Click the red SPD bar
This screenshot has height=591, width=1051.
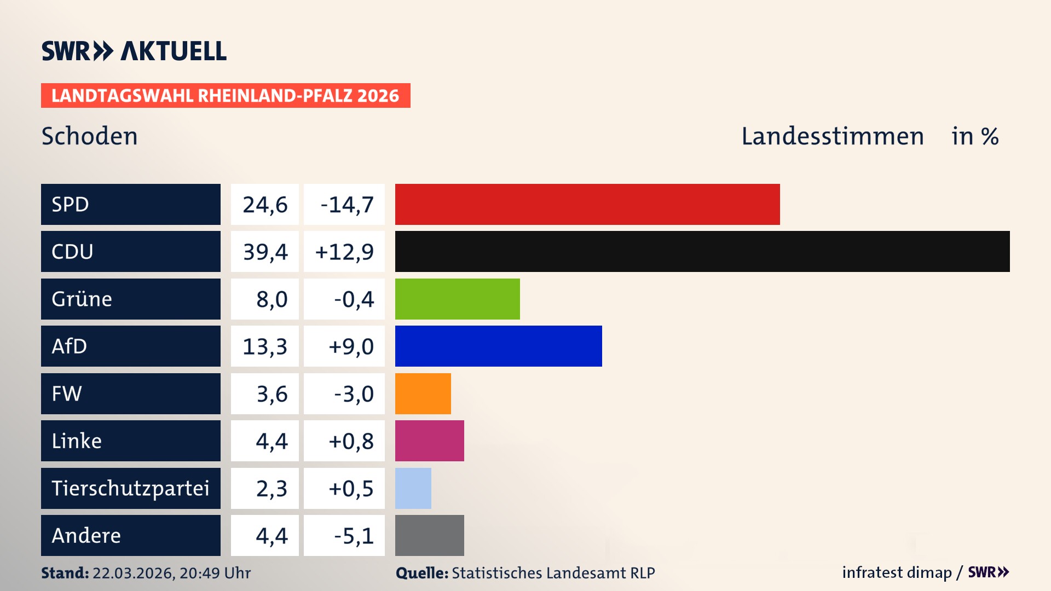click(587, 204)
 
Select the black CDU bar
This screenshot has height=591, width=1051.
click(702, 251)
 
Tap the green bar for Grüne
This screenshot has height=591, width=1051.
click(457, 299)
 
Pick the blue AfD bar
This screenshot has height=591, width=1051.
click(498, 346)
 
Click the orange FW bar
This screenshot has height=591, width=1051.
click(423, 393)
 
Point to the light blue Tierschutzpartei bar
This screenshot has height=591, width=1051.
click(413, 488)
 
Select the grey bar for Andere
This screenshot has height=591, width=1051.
click(429, 535)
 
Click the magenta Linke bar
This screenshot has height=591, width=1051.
click(429, 441)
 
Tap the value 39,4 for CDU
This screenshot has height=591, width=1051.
click(265, 252)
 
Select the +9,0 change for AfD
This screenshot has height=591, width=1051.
click(350, 346)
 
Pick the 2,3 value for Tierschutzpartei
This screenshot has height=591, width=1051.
click(271, 488)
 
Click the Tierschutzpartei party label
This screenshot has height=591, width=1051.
click(130, 488)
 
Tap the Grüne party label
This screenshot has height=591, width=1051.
click(82, 299)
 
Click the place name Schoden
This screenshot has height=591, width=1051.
click(89, 136)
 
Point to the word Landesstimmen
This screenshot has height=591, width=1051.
click(832, 136)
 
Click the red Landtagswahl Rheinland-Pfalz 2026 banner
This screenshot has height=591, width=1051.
click(225, 95)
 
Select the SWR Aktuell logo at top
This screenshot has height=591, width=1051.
click(134, 51)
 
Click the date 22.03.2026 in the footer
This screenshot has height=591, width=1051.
click(132, 573)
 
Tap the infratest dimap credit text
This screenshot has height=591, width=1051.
click(896, 572)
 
